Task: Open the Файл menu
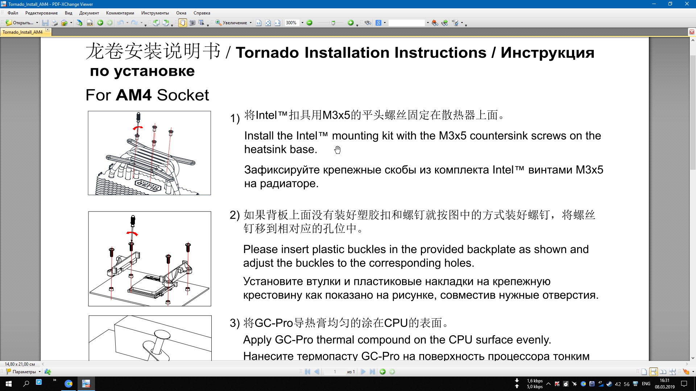13,13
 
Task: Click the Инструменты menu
155,13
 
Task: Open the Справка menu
202,13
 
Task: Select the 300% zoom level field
292,23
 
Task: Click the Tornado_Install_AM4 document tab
22,32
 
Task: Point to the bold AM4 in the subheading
133,95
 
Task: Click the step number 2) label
235,215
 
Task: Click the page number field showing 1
335,372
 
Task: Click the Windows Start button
9,383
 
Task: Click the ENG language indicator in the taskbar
646,384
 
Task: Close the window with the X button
687,4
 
